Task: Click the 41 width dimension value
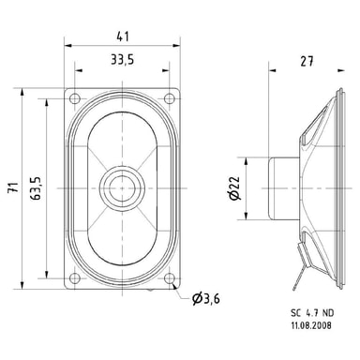(x=123, y=37)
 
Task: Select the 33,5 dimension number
(x=123, y=59)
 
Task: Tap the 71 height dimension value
(x=13, y=188)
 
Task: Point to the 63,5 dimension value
(x=36, y=188)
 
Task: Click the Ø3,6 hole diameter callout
(x=206, y=299)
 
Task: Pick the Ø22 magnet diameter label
(x=234, y=188)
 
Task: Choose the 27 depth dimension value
(x=307, y=61)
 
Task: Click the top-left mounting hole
(x=75, y=98)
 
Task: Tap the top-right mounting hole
(x=170, y=98)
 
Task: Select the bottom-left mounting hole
(x=75, y=277)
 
